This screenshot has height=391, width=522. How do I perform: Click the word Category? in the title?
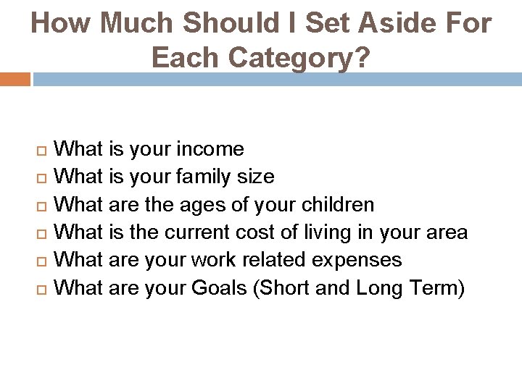[302, 58]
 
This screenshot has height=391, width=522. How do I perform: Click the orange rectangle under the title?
[15, 79]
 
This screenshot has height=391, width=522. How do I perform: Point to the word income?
[210, 150]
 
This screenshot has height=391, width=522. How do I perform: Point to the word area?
[447, 232]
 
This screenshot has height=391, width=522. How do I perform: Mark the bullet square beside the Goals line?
[41, 288]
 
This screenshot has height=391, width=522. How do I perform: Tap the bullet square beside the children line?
[41, 206]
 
